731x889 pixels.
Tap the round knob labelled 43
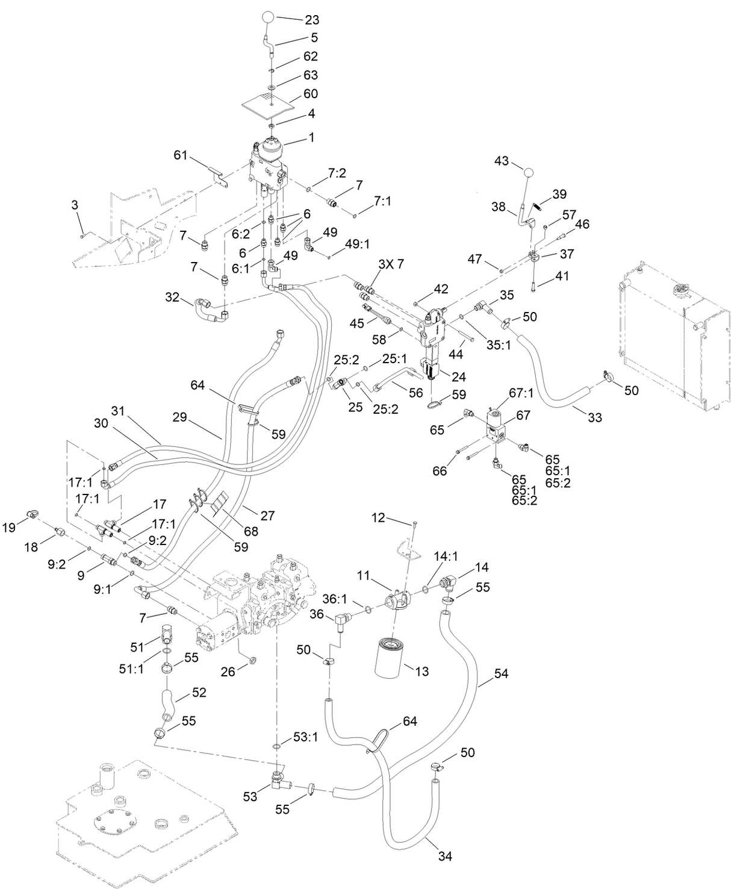pyautogui.click(x=529, y=172)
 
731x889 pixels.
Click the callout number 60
pyautogui.click(x=311, y=93)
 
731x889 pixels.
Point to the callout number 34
pyautogui.click(x=446, y=855)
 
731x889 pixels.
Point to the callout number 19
pyautogui.click(x=9, y=528)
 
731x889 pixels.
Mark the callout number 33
pyautogui.click(x=594, y=417)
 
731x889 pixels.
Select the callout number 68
pyautogui.click(x=250, y=531)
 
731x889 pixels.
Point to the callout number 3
pyautogui.click(x=75, y=205)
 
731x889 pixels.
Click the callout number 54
pyautogui.click(x=501, y=673)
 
